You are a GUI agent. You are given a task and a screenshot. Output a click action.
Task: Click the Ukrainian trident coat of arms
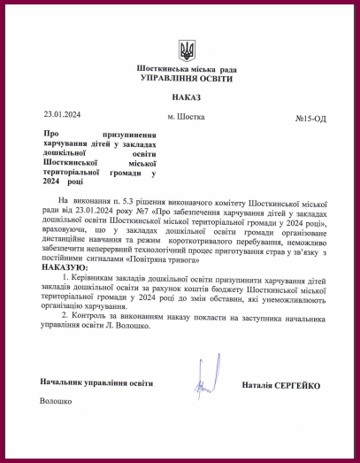pyautogui.click(x=187, y=49)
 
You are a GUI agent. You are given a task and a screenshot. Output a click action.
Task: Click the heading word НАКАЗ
pyautogui.click(x=187, y=98)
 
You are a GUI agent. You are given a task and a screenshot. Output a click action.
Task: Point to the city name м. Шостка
pyautogui.click(x=186, y=116)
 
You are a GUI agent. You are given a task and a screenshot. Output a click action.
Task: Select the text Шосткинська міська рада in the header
pyautogui.click(x=187, y=69)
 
